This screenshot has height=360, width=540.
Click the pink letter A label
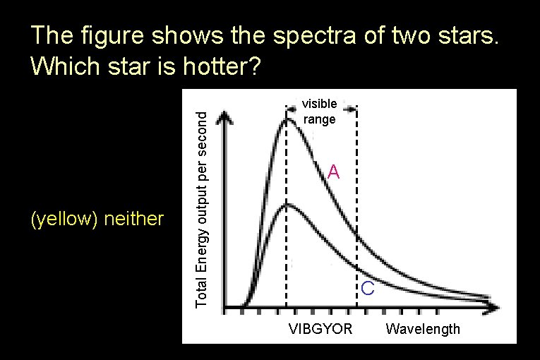pos(334,172)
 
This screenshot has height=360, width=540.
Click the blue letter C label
pos(368,288)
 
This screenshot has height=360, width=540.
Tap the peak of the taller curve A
pos(287,119)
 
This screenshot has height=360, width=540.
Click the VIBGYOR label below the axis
pos(320,329)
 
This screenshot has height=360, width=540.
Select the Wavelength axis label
pos(423,329)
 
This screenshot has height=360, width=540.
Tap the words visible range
pos(320,112)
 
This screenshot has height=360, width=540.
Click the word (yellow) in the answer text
pos(64,220)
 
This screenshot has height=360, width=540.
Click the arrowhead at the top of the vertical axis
pos(224,116)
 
